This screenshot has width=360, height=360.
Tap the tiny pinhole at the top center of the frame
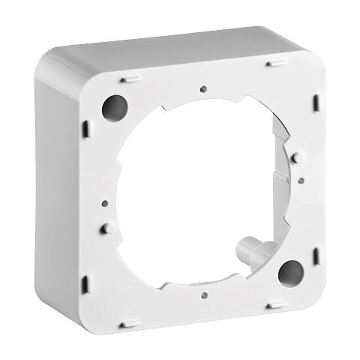tap(203, 89)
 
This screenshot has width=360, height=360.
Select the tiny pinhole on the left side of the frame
tap(103, 202)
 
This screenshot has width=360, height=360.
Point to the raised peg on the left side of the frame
tap(106, 226)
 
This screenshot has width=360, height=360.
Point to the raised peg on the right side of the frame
tap(296, 157)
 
